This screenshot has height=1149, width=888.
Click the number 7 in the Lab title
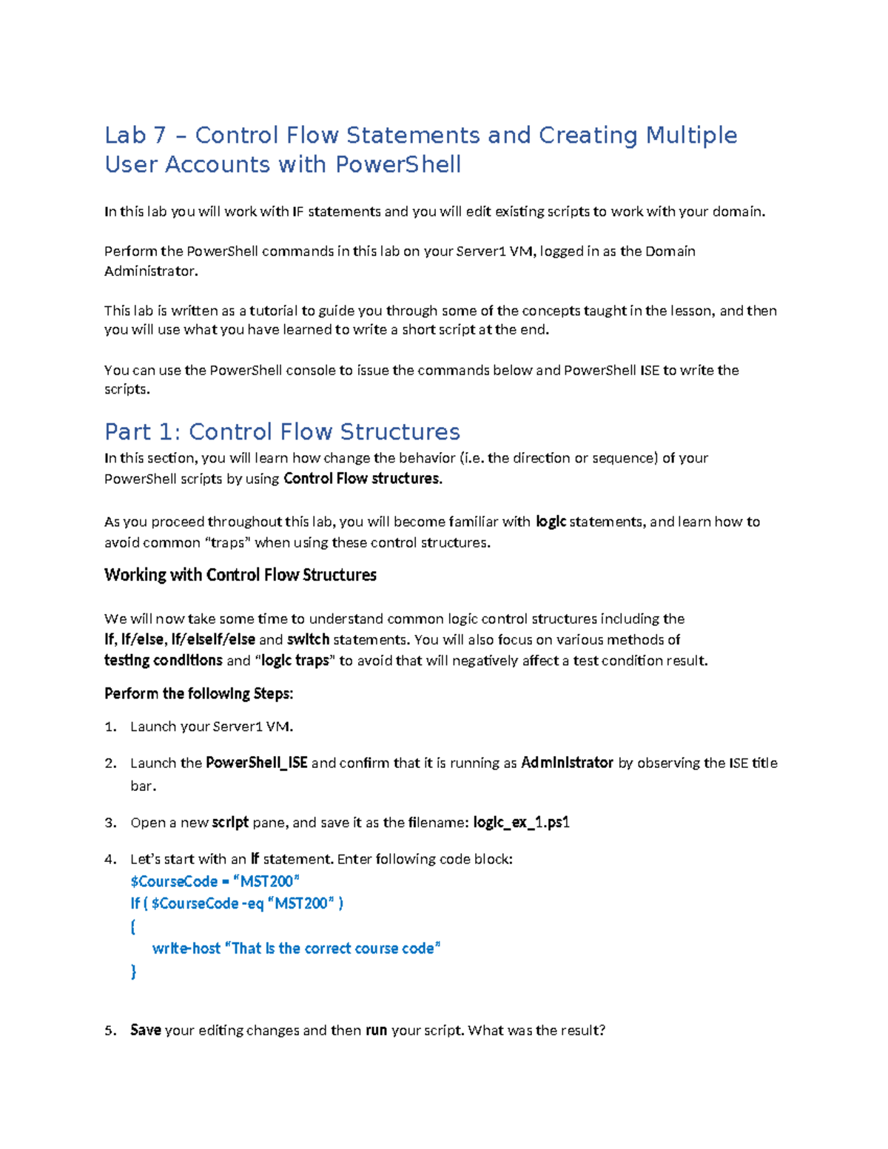(x=160, y=135)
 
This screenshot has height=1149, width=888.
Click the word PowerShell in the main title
(x=398, y=164)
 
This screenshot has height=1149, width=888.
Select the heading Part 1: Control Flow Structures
(x=282, y=431)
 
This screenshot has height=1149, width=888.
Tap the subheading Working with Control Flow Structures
(x=240, y=575)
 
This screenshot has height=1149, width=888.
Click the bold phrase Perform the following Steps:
(x=198, y=693)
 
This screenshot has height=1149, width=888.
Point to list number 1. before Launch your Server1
(x=111, y=727)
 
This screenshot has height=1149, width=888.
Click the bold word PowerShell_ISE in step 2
(x=256, y=763)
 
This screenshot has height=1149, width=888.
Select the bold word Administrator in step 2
(x=567, y=763)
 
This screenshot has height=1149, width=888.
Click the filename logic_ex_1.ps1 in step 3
(x=521, y=823)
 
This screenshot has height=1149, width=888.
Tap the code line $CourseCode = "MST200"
(x=215, y=881)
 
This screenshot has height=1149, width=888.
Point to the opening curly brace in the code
(x=133, y=926)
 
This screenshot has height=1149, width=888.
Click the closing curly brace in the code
(x=133, y=971)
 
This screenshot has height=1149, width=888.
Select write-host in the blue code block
(x=186, y=948)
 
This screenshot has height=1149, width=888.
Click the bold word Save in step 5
(x=146, y=1030)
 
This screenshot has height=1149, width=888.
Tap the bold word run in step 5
(x=376, y=1030)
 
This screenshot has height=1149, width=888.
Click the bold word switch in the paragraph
(x=308, y=639)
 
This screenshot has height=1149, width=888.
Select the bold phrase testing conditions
(x=163, y=660)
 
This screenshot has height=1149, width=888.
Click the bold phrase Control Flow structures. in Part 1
(x=363, y=479)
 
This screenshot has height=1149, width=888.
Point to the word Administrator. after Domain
(x=151, y=271)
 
